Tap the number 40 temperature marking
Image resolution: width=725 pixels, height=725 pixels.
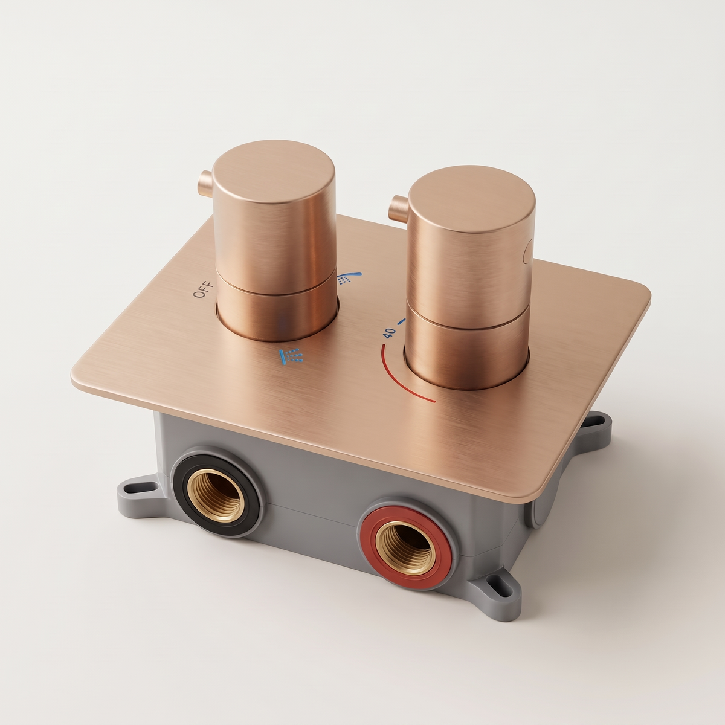(x=389, y=332)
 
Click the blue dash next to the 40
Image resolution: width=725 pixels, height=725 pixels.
(x=402, y=321)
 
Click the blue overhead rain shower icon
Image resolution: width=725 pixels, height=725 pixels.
(x=291, y=356)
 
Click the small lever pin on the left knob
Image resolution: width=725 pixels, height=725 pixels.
(x=207, y=183)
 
